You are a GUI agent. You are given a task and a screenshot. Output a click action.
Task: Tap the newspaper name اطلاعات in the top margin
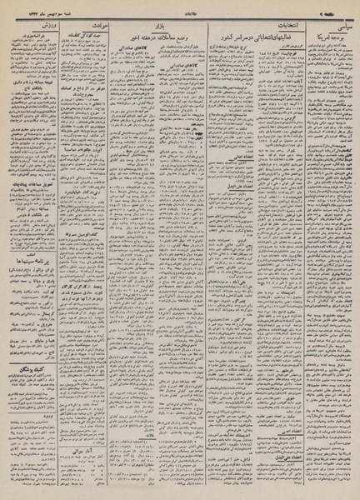pyautogui.click(x=180, y=7)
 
